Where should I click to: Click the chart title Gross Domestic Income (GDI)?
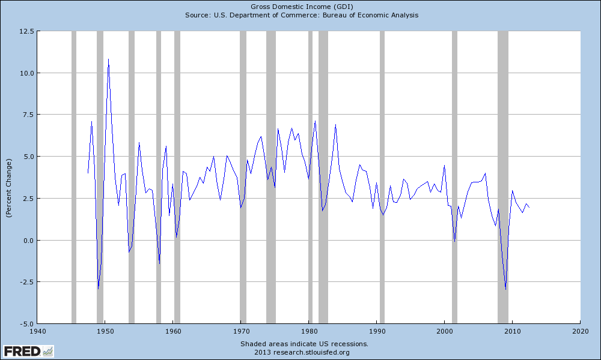[301, 6]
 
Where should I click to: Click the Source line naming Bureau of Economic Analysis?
[301, 15]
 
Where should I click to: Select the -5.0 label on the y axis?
[25, 324]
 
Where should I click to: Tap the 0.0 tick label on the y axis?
[28, 240]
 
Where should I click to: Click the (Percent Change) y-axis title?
[9, 189]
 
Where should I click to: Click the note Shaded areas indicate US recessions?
[304, 344]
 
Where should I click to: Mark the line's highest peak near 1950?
[108, 59]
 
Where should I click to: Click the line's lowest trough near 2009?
[505, 289]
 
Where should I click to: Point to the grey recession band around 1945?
[74, 180]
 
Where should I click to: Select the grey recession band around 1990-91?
[382, 180]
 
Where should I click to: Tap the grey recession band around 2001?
[454, 180]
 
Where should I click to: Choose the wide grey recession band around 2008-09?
[503, 180]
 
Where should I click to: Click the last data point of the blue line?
[529, 207]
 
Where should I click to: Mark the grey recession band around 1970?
[243, 180]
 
